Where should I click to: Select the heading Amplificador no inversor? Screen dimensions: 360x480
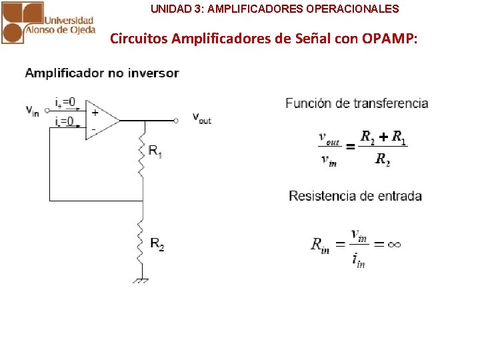[102, 73]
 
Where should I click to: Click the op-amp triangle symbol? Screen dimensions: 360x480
[101, 120]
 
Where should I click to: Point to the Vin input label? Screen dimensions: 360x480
[32, 111]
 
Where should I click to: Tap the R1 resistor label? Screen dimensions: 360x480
[155, 153]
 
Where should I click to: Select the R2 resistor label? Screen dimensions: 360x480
[157, 245]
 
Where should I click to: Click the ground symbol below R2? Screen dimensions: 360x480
[140, 281]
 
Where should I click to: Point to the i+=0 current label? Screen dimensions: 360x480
[65, 102]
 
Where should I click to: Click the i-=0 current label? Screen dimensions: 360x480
[65, 121]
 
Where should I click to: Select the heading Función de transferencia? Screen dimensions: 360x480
[357, 103]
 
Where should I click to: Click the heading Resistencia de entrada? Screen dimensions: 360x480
[355, 196]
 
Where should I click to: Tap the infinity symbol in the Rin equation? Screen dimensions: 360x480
[393, 244]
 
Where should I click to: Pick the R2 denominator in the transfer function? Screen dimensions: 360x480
[383, 159]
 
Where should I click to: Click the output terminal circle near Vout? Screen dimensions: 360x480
[176, 121]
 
